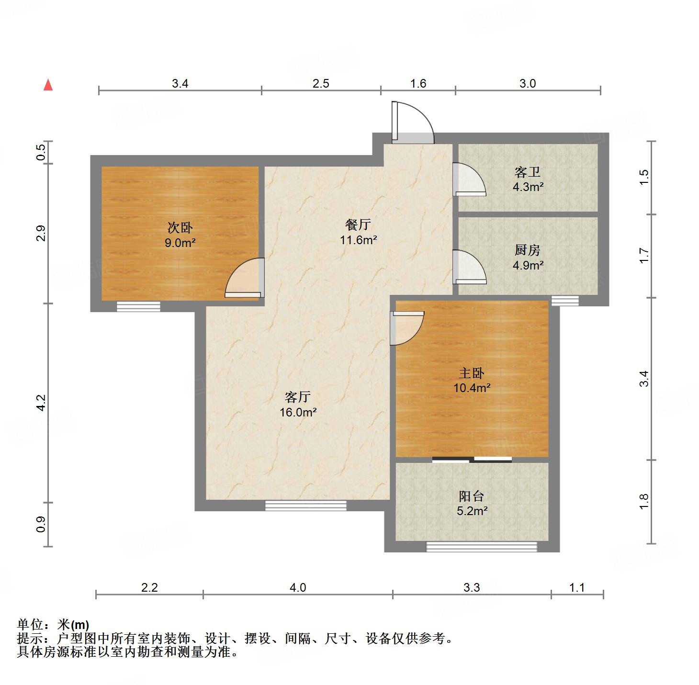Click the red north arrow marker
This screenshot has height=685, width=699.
(x=48, y=85)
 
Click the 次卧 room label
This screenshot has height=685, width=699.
(x=180, y=227)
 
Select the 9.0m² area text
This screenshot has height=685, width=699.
(x=180, y=243)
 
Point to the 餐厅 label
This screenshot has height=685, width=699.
(x=358, y=224)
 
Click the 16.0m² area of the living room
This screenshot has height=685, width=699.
(x=298, y=412)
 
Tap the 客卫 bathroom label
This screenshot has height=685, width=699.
(x=528, y=171)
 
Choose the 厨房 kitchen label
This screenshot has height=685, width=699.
(x=528, y=250)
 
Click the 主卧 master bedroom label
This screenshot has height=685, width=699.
(x=472, y=373)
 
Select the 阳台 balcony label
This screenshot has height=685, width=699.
(x=472, y=496)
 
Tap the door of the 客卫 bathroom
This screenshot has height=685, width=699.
(x=469, y=180)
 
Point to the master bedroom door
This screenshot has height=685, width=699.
(x=407, y=328)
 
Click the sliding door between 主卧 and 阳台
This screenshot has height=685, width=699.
(x=472, y=460)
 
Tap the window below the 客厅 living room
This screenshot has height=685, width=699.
(x=305, y=505)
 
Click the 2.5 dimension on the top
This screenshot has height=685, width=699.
(x=321, y=83)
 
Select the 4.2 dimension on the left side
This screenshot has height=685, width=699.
(x=41, y=402)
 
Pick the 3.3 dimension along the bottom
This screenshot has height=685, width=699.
(x=472, y=587)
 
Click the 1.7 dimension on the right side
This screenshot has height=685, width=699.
(x=644, y=255)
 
